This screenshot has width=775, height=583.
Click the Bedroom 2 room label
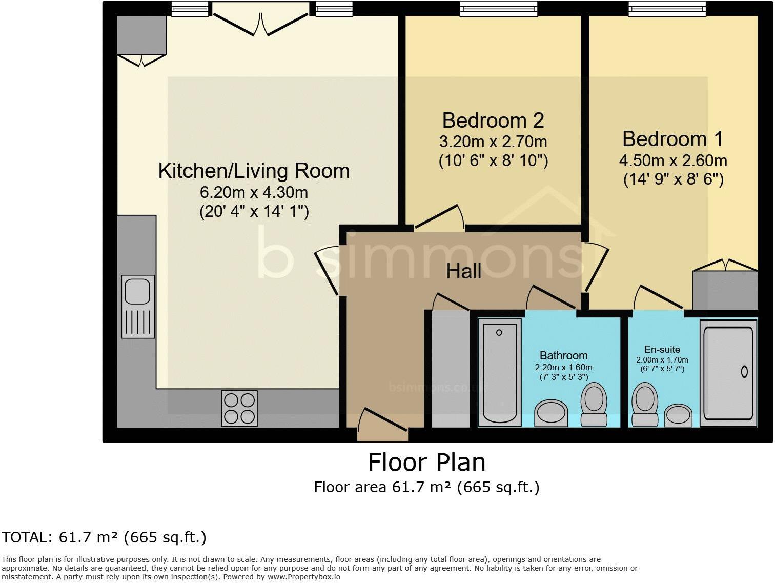pos(493,121)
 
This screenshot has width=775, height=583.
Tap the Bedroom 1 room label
pos(672,139)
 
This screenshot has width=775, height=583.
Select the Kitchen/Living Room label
pos(254,171)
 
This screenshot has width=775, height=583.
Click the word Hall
pos(463,272)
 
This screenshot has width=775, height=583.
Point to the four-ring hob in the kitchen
pos(239,408)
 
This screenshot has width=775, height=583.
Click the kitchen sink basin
pos(138,292)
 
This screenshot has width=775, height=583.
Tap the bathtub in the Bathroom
pos(499,373)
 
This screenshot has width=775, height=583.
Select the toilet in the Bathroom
pos(594,405)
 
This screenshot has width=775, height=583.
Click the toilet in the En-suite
pos(645,405)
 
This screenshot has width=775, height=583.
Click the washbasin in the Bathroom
pos(551,413)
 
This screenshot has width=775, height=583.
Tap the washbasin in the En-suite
pos(678,416)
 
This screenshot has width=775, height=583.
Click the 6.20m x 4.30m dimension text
pos(254,192)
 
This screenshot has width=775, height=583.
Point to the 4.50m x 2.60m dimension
pos(673,160)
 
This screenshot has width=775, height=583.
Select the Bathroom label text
pos(563,355)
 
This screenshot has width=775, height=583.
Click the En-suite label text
pos(662,349)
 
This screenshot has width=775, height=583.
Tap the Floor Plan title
pos(426,462)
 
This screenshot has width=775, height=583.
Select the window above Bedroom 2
pos(499,8)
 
